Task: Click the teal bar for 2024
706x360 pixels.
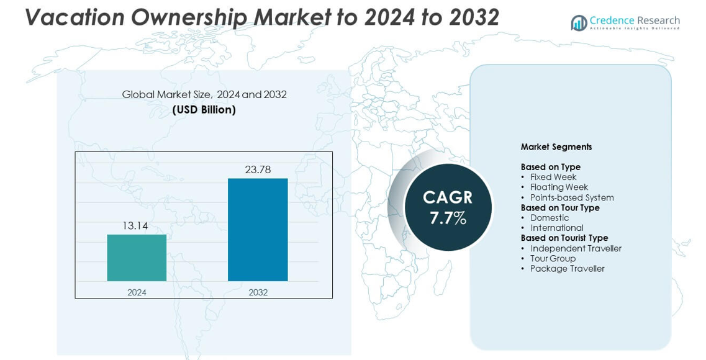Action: (x=137, y=258)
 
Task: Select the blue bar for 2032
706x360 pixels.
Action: (x=258, y=230)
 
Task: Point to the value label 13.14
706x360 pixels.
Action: (x=135, y=226)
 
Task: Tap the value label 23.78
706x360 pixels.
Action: (x=258, y=169)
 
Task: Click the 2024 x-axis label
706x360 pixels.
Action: (x=137, y=292)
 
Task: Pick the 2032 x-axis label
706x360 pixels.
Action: (x=258, y=292)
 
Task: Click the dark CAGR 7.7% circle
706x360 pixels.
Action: (x=448, y=207)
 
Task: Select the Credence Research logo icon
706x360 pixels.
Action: (x=579, y=23)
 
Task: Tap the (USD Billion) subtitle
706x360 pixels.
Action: (x=204, y=110)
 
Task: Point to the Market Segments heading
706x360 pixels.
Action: (x=556, y=147)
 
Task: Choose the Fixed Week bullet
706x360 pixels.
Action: (x=553, y=177)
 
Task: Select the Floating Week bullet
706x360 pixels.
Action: (x=559, y=187)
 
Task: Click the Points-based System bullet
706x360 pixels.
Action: (x=572, y=197)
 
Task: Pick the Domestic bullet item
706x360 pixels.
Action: (x=550, y=218)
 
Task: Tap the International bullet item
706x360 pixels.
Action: (x=557, y=228)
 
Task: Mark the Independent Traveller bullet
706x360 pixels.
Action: (x=576, y=248)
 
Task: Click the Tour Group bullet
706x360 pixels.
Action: (x=553, y=258)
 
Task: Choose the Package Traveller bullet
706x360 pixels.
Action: (x=567, y=268)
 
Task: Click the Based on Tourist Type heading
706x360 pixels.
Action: (x=564, y=238)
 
